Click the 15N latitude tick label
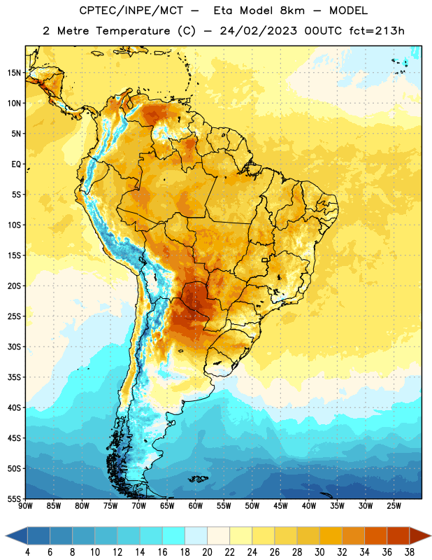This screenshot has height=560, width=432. (14, 73)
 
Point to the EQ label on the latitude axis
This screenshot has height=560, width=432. (16, 164)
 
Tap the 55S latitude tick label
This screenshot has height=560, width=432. (14, 498)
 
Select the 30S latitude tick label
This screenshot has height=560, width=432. (14, 346)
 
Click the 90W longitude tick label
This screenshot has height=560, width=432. (25, 506)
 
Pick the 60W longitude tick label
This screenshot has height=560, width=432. (196, 506)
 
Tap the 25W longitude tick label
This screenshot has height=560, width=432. (394, 506)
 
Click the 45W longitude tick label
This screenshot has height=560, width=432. (281, 506)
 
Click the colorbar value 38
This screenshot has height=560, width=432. (410, 552)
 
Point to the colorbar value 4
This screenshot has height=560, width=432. (27, 552)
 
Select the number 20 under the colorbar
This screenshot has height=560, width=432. (207, 552)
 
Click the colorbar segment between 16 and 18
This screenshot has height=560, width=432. (174, 535)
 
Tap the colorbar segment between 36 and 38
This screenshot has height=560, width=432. (398, 535)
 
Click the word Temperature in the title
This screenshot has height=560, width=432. (133, 31)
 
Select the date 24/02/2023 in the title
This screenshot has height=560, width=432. (258, 31)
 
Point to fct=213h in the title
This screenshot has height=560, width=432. (377, 31)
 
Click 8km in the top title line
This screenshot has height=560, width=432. (292, 10)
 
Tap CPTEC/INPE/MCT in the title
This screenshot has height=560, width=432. (131, 10)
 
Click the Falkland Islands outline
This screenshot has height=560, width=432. (198, 479)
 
